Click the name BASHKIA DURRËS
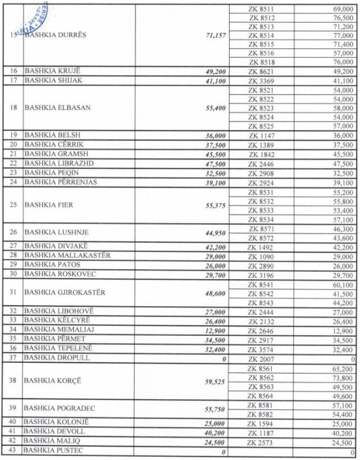coord(56,35)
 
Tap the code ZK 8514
coord(261,35)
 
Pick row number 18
coord(13,108)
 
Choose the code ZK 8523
coord(261,108)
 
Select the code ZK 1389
coord(261,144)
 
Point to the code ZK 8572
coord(261,238)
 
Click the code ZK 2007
coord(261,358)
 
